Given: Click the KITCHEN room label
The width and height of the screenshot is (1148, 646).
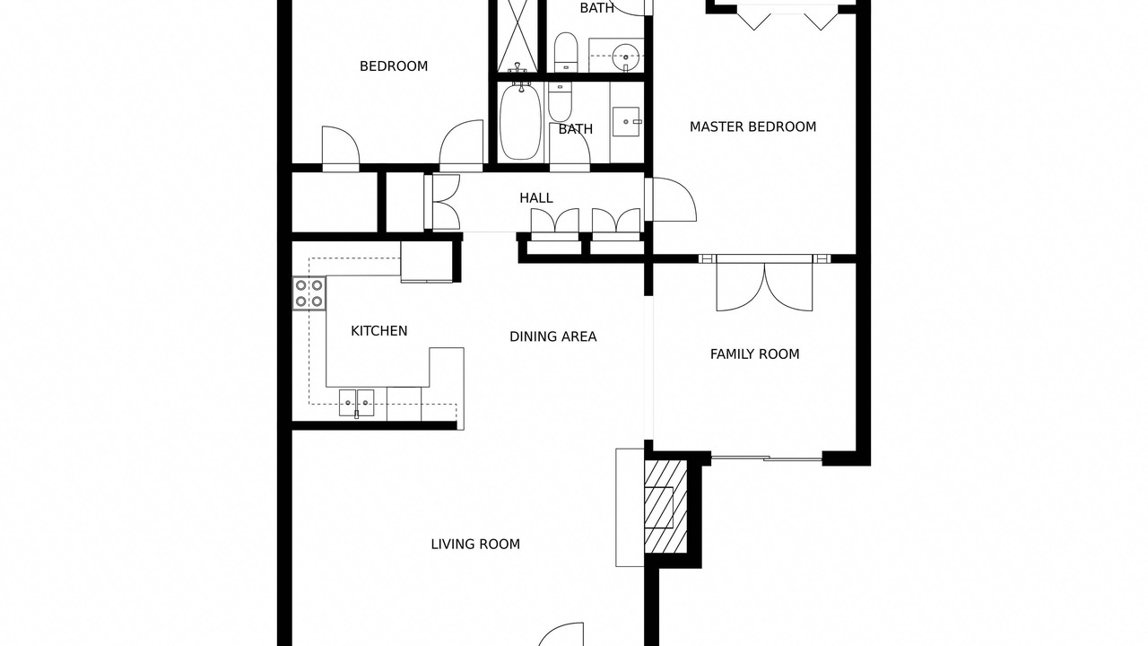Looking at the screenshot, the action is [378, 331].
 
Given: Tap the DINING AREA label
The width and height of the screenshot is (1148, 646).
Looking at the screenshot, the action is [553, 336].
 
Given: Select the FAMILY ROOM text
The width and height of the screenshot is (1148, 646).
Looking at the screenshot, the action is [754, 354].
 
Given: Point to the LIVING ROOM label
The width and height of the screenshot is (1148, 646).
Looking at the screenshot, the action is [475, 545].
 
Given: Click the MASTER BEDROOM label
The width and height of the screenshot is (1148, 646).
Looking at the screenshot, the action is [752, 127].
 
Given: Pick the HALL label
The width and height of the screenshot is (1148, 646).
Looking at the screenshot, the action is [536, 198].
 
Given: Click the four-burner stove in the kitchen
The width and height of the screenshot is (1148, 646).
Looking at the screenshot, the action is [309, 293].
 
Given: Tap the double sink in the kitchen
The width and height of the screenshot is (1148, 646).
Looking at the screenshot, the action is [356, 403].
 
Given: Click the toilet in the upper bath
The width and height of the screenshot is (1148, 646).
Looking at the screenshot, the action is [566, 52].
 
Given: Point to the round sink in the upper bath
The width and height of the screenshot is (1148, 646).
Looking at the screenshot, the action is [626, 53].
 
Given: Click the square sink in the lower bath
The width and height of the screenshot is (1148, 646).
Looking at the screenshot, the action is [626, 121].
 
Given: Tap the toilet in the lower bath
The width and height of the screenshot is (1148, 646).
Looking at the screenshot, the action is [560, 101].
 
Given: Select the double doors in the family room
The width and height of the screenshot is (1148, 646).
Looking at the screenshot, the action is [764, 285].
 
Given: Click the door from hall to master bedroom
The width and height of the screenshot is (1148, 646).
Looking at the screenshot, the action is [670, 199].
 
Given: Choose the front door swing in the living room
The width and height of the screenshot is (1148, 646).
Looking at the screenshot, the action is [561, 634].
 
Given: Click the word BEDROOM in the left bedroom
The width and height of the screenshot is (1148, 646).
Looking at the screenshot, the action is [394, 66].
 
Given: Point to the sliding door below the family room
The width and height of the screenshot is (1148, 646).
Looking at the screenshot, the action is [767, 458].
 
